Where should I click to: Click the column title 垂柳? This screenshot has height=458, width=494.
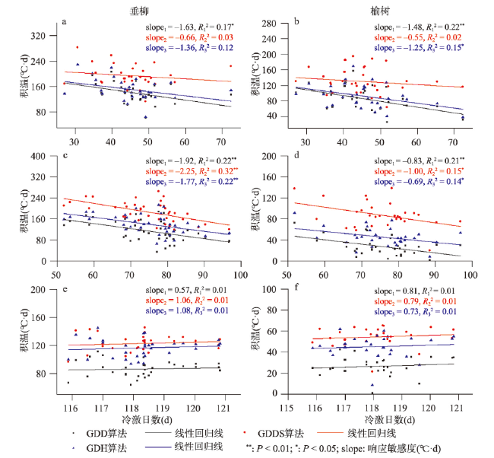point(149,11)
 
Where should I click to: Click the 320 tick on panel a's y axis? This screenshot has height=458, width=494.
point(47,36)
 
